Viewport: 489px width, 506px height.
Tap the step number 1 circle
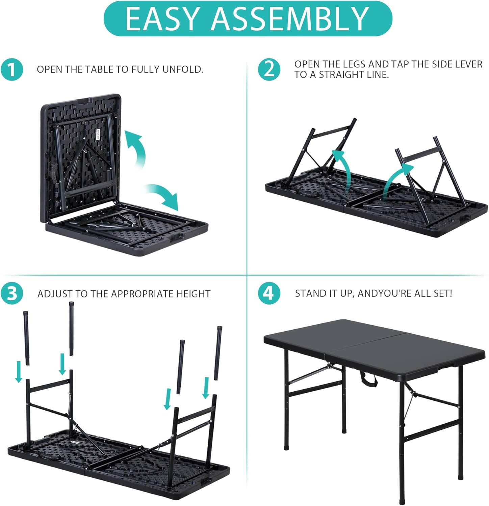coord(12,70)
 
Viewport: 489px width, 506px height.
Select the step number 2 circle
coord(269,69)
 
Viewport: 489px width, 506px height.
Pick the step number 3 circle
coord(12,293)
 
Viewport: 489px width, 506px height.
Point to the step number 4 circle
coord(269,293)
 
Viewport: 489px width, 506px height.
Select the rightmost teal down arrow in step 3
coord(205,388)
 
